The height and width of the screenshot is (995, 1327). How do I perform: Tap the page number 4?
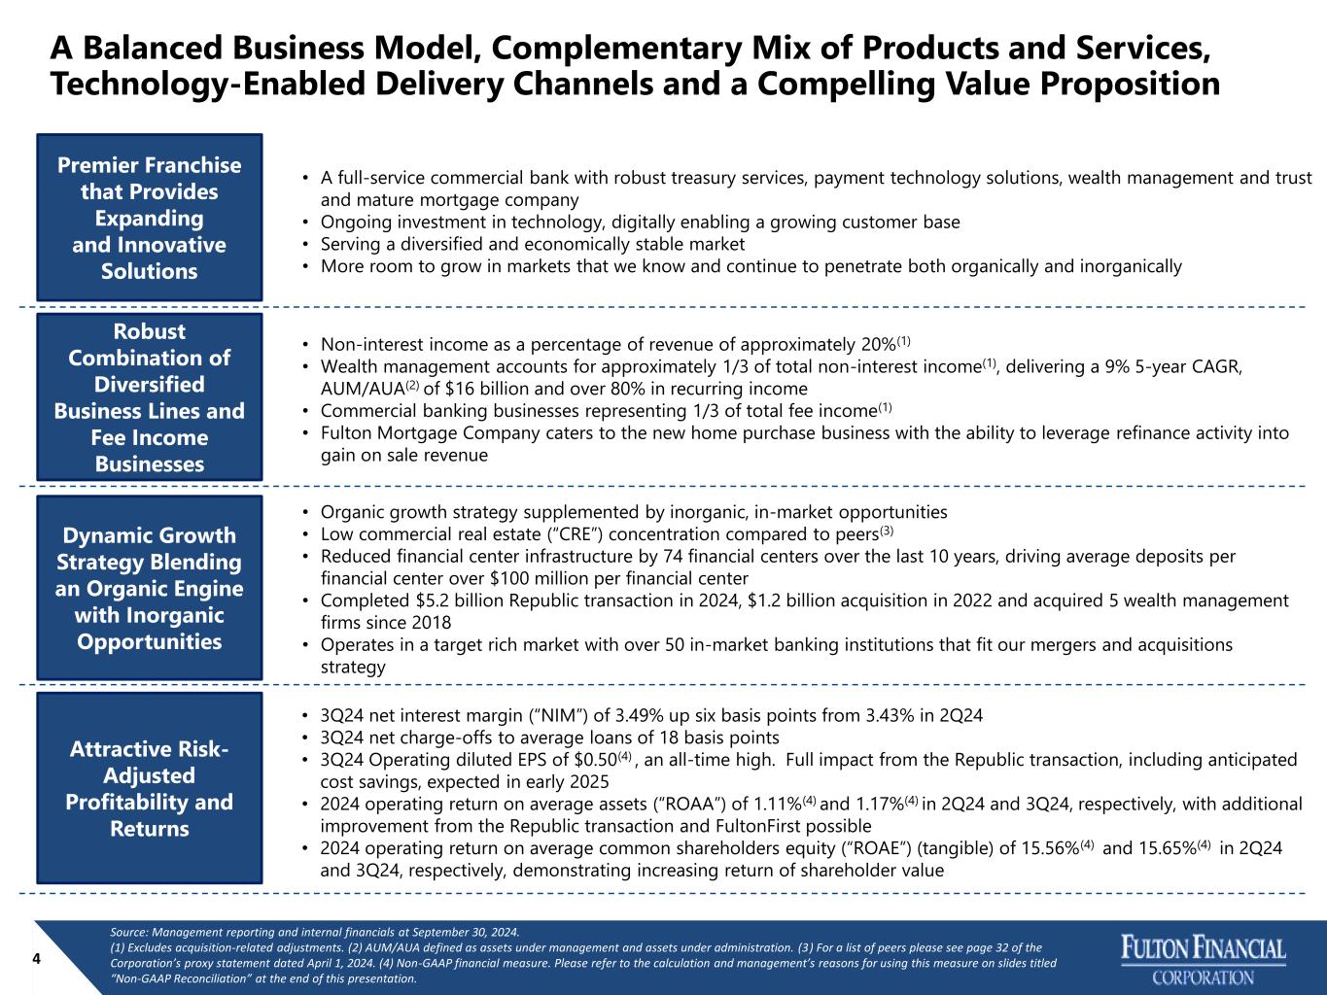[x=36, y=959]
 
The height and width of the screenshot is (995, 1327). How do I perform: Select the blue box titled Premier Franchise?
[x=150, y=218]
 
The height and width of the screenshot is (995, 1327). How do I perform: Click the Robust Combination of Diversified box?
[x=150, y=396]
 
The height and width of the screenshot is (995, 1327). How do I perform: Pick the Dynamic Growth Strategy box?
[x=150, y=588]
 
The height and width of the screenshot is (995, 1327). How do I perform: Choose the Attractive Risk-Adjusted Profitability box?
[x=150, y=788]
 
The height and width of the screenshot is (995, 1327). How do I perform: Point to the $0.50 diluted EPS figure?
[x=596, y=760]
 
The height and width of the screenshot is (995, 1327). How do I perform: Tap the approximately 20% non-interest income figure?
[x=878, y=345]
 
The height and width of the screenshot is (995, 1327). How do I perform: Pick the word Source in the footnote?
[x=128, y=932]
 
